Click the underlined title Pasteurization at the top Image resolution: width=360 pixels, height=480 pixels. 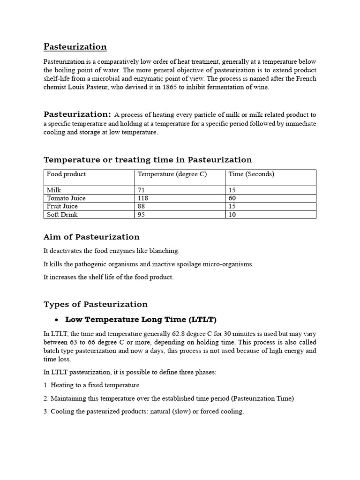coord(75,46)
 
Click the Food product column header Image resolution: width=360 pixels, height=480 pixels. coord(66,174)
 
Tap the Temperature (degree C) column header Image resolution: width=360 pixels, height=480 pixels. coord(172,174)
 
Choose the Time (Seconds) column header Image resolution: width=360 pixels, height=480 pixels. coord(251,174)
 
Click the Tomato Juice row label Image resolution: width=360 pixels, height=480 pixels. coord(66,198)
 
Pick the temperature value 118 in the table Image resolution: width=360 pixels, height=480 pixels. coord(143,198)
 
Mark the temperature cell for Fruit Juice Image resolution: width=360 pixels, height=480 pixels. coord(142,206)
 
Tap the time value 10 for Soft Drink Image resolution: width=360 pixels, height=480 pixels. coord(232,215)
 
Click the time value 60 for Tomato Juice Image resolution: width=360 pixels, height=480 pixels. coord(232,198)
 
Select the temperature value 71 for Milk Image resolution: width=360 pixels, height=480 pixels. coord(141,190)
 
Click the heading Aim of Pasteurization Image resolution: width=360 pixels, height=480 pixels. coord(91,237)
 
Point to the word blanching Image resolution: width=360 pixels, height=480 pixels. coord(164,251)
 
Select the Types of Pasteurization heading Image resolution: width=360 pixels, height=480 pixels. coord(95,304)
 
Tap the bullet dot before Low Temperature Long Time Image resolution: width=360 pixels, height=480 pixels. coord(56,320)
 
